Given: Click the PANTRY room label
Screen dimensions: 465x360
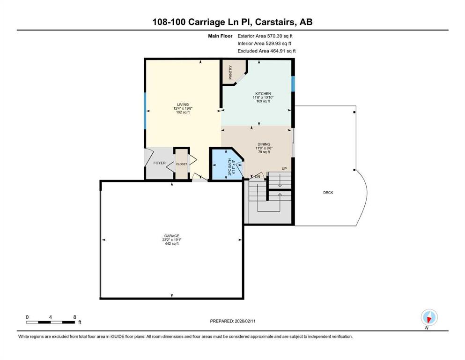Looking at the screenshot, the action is pyautogui.click(x=230, y=72).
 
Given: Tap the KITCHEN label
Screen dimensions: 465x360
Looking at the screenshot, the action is pyautogui.click(x=263, y=93).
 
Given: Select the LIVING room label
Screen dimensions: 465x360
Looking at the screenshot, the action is pyautogui.click(x=183, y=105).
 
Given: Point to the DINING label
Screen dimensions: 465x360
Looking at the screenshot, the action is pyautogui.click(x=264, y=144).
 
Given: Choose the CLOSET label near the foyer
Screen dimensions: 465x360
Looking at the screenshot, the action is pyautogui.click(x=182, y=164).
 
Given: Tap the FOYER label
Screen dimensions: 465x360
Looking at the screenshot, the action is pyautogui.click(x=160, y=163).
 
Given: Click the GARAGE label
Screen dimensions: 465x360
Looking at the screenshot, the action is pyautogui.click(x=172, y=236).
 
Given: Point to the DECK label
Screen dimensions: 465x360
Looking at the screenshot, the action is pyautogui.click(x=328, y=193).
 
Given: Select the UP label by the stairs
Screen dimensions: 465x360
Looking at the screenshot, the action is pyautogui.click(x=284, y=169).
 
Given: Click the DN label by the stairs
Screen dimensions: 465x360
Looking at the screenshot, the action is pyautogui.click(x=258, y=177).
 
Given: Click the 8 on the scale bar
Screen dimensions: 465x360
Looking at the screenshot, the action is pyautogui.click(x=75, y=317).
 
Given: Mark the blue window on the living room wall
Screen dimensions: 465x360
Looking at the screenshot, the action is pyautogui.click(x=145, y=111).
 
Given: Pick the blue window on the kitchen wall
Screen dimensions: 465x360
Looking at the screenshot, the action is pyautogui.click(x=293, y=84).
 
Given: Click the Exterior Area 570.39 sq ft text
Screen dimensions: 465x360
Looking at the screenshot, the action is pyautogui.click(x=265, y=36).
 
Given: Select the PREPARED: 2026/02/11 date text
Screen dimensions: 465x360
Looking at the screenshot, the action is pyautogui.click(x=233, y=321).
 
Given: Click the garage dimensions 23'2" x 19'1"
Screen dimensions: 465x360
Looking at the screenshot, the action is pyautogui.click(x=172, y=240).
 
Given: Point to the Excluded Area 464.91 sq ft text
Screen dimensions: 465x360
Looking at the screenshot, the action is pyautogui.click(x=266, y=51).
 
